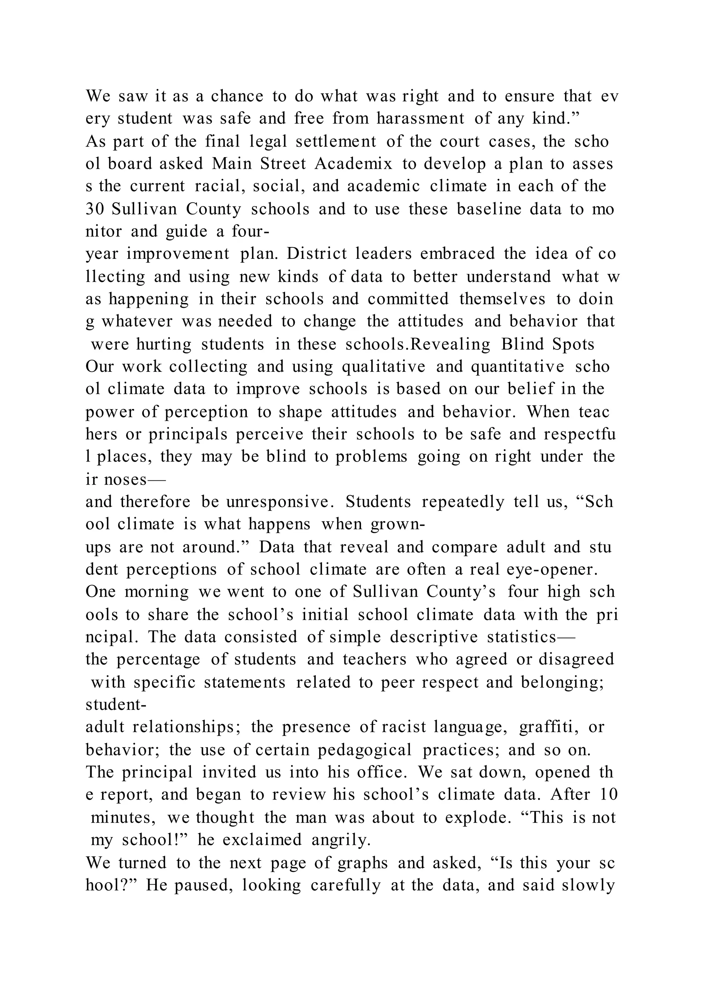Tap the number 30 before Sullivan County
(94, 210)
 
